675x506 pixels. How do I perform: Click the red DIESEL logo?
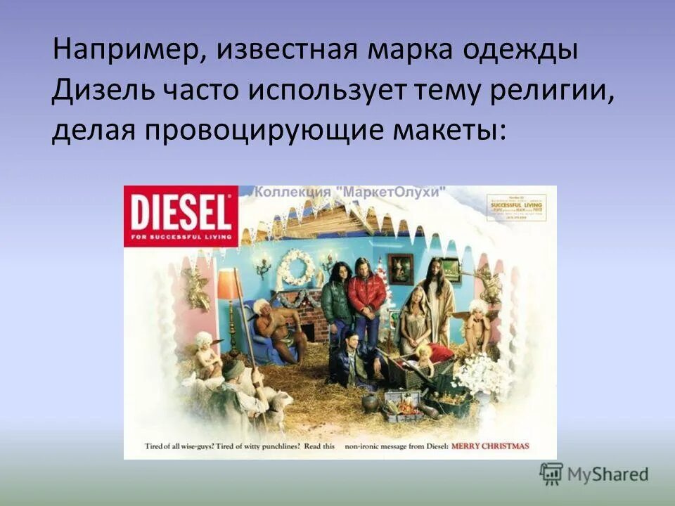[x=181, y=215]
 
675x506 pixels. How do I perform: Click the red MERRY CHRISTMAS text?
[x=489, y=446]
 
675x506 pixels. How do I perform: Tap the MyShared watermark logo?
[x=594, y=474]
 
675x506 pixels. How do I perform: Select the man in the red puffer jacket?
[x=366, y=294]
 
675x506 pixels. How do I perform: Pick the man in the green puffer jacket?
[x=337, y=295]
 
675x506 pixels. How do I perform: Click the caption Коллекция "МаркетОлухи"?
[x=350, y=192]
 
